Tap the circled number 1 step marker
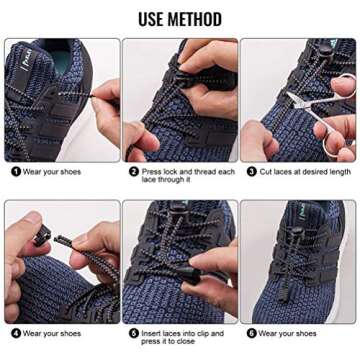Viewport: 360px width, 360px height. click(x=15, y=171)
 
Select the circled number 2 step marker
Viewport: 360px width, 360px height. click(x=132, y=171)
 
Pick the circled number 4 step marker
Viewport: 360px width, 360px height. click(x=15, y=333)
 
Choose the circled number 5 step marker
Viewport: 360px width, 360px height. click(x=132, y=333)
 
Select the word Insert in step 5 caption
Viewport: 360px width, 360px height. click(x=151, y=333)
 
